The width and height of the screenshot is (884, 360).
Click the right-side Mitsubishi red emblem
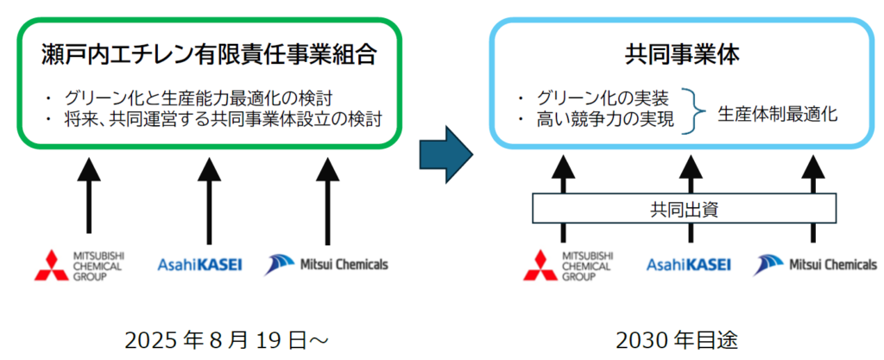point(540,265)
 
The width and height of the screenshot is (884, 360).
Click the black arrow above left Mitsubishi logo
point(87,194)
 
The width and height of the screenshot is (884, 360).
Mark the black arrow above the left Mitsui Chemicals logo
point(327,194)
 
